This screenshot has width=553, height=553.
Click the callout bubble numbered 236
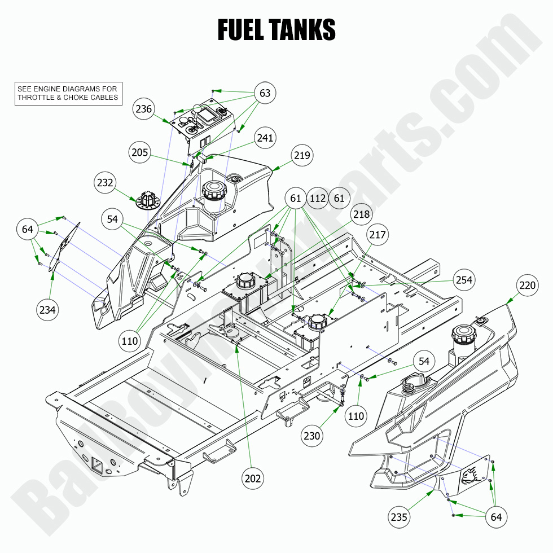coord(144,109)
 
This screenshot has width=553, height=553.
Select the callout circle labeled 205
coord(140,152)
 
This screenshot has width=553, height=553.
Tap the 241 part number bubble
coord(265,138)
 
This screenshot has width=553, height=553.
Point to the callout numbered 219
coord(302,155)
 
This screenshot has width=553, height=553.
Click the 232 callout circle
coord(106,183)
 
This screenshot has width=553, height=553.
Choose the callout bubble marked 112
coord(318,198)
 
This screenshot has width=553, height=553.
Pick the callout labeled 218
coord(362,214)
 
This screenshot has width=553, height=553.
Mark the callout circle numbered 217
coord(378,234)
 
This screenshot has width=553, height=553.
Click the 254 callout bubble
coord(464,280)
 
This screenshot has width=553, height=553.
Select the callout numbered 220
coord(528,286)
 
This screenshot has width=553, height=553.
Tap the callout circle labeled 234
coord(47,309)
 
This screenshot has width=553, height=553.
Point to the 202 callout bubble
coord(253,479)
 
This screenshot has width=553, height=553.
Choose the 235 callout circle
coord(399,517)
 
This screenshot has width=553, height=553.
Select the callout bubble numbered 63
coord(265,93)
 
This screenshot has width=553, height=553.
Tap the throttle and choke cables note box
coord(68,93)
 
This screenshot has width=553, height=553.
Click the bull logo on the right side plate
coord(472,476)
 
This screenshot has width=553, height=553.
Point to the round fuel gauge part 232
coord(147,200)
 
